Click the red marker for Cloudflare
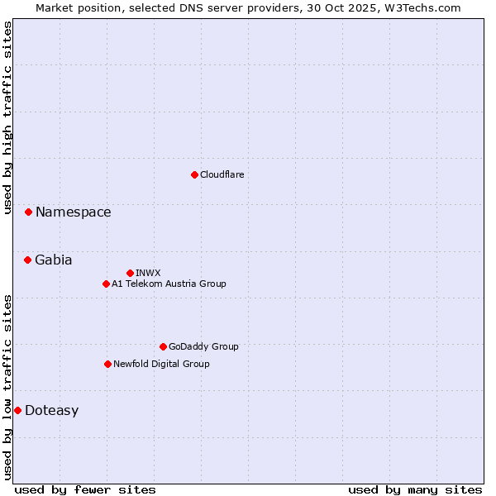[194, 174]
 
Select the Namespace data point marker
[28, 212]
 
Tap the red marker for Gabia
[27, 260]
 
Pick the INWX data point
[130, 273]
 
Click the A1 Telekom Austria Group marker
[106, 284]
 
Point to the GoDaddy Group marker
[163, 346]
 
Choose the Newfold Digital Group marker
[107, 364]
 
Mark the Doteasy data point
[17, 410]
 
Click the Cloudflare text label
[222, 174]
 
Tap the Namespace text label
[73, 212]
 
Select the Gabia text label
[53, 260]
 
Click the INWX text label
[148, 273]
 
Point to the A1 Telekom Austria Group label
[169, 284]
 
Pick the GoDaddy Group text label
[203, 346]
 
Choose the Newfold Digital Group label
[161, 364]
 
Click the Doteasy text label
[51, 411]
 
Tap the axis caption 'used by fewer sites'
[85, 489]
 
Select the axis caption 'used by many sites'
[415, 489]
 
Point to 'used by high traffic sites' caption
[7, 117]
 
